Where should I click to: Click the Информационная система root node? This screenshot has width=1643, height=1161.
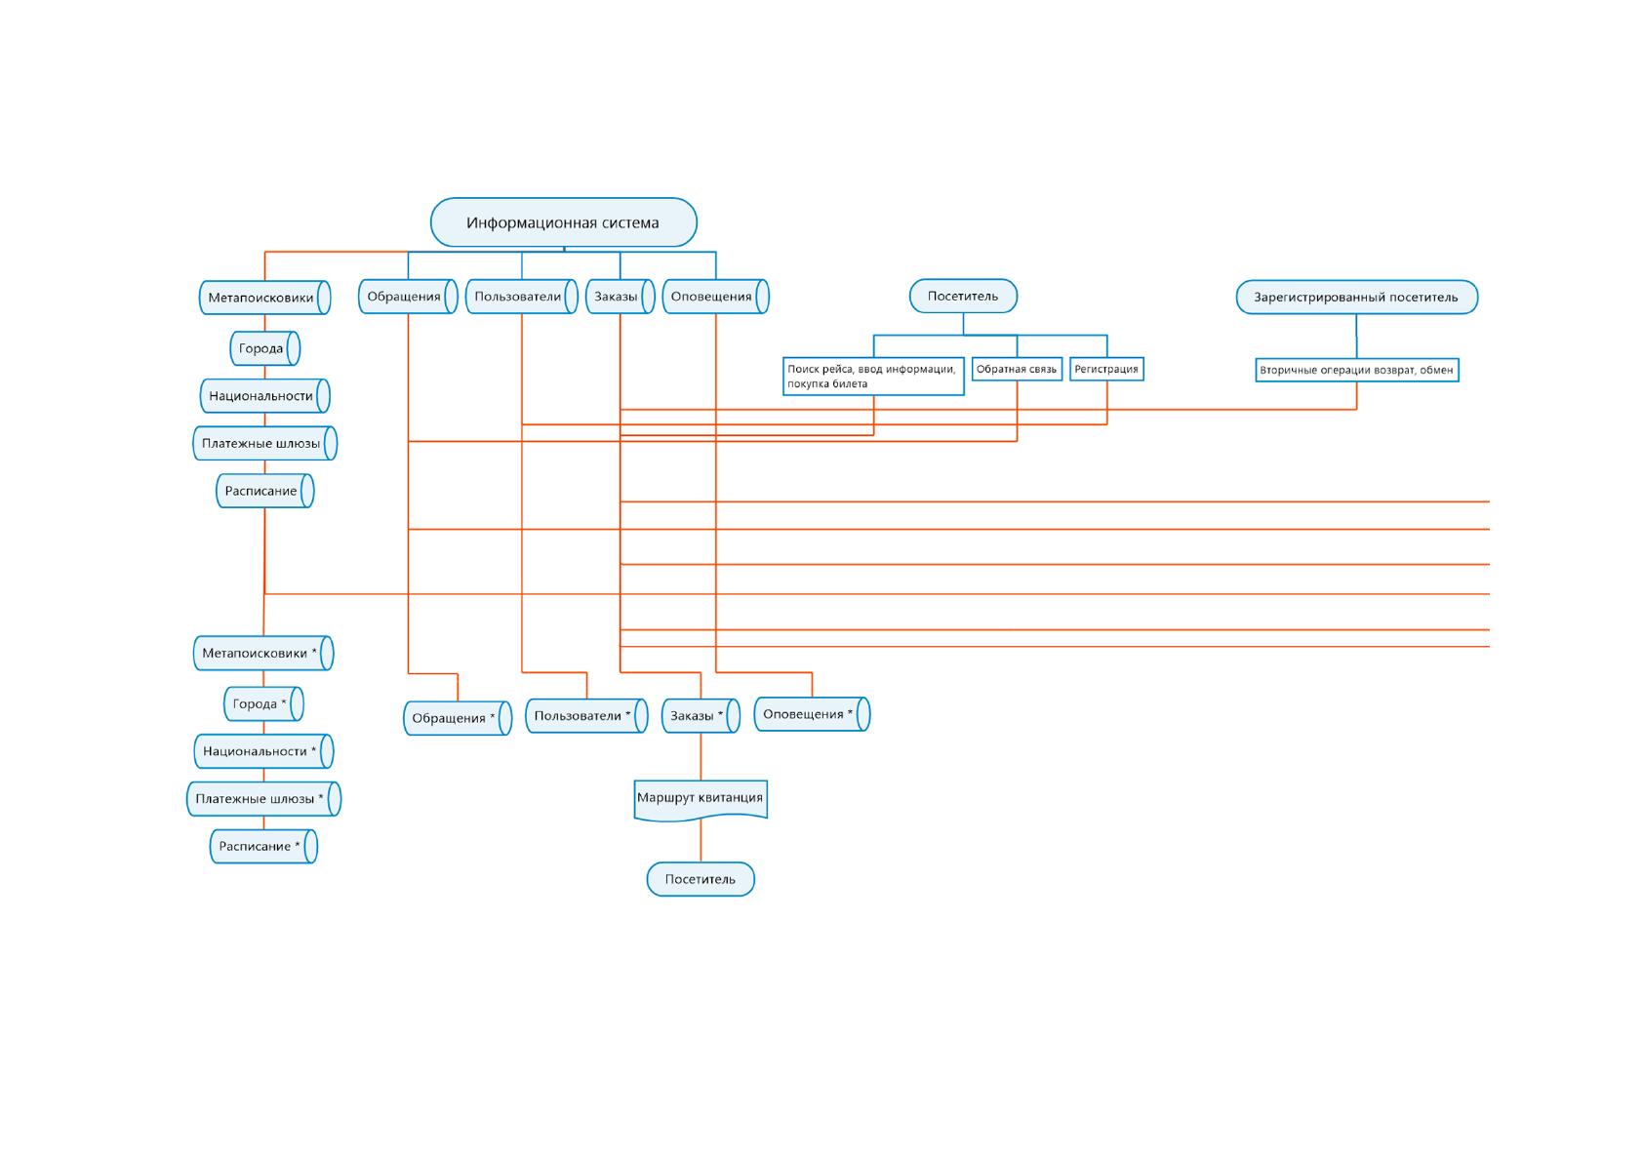click(563, 222)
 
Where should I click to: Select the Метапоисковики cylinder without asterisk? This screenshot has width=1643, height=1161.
click(264, 298)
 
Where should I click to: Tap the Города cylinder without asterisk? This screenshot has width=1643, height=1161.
click(264, 348)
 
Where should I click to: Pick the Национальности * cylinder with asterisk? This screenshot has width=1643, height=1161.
click(264, 752)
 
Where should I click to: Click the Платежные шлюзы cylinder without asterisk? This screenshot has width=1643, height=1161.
click(264, 444)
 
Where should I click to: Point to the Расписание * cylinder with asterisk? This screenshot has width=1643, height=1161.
click(264, 847)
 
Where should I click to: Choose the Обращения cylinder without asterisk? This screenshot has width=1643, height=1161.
click(408, 297)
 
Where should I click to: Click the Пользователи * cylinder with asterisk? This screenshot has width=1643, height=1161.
click(586, 716)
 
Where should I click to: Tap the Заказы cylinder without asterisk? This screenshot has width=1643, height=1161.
click(620, 297)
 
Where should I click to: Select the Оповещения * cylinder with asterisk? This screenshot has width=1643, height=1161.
click(812, 715)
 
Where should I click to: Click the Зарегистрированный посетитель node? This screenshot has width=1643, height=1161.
click(1357, 297)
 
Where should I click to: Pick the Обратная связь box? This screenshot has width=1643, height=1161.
click(1017, 369)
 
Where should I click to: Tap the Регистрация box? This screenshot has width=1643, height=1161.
click(1106, 369)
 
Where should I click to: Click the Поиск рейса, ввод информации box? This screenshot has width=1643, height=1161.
click(873, 377)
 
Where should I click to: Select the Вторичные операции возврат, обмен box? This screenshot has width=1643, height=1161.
click(1357, 371)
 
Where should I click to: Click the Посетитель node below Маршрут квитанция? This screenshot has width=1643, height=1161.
click(701, 879)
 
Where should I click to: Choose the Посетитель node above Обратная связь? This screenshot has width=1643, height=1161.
click(963, 297)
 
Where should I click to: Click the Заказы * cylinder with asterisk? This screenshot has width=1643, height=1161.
click(701, 716)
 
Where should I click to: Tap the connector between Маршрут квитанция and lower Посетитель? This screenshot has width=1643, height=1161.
click(701, 841)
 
